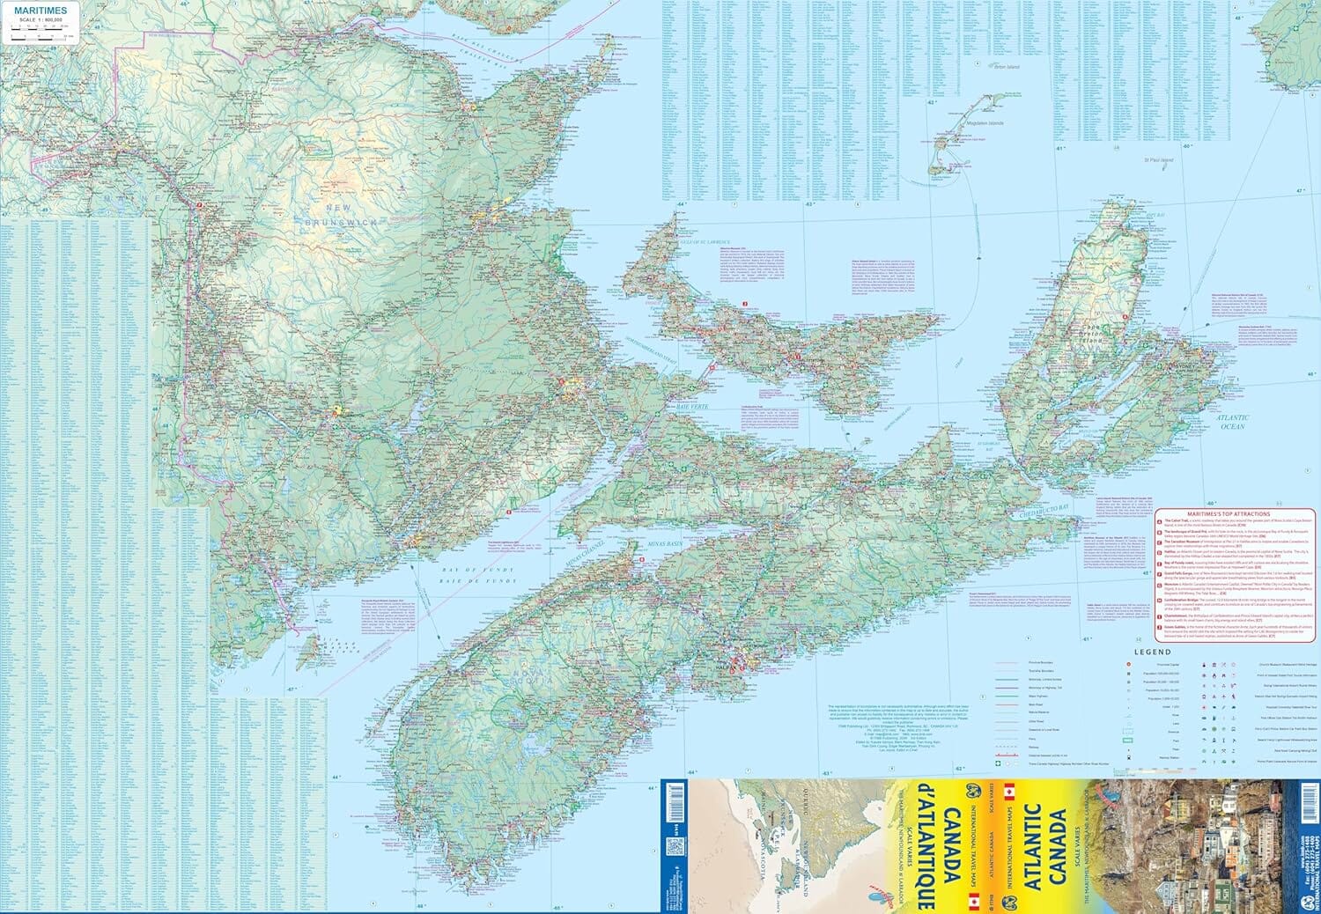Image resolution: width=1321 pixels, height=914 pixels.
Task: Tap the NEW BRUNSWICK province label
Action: point(340,215)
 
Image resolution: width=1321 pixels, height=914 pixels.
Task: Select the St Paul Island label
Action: point(1158,160)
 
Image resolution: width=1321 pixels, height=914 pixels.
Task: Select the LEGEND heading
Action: point(1152,652)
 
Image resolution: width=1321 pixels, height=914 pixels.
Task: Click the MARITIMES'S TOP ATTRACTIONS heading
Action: point(1229,513)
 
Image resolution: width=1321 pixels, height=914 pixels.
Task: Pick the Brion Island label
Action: point(1006,67)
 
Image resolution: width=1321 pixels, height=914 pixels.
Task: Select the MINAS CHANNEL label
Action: point(582,556)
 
